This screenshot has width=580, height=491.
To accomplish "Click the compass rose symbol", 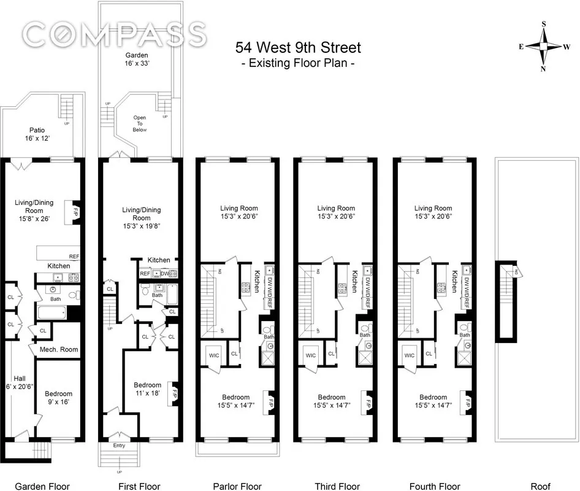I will click(543, 47).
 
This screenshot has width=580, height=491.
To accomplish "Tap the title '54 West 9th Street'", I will click(299, 47).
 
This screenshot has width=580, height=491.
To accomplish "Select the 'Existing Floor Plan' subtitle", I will click(299, 63).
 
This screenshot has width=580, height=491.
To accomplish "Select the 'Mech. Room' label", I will click(59, 349).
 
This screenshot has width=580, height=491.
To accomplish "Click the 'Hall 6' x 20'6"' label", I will click(18, 382).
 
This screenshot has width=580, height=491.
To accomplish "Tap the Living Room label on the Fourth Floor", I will click(433, 212).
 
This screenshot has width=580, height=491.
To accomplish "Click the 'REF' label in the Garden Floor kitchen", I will click(74, 257).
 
